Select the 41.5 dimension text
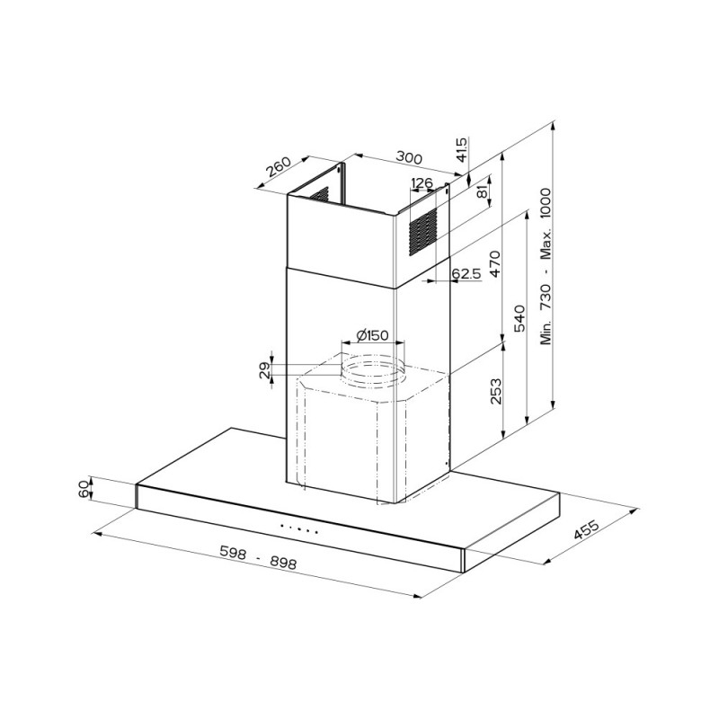462,149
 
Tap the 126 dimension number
422,184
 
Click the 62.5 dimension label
466,273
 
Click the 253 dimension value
496,392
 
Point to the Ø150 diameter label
371,335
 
